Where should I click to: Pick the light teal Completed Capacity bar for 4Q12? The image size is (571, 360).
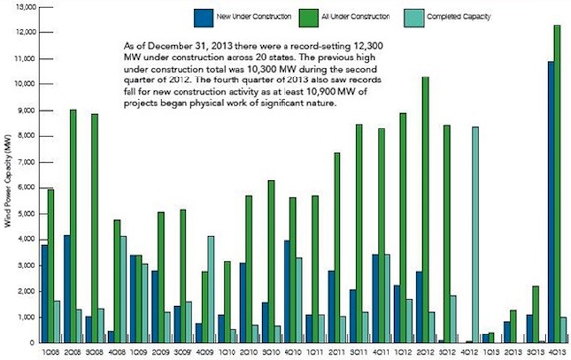click(475, 234)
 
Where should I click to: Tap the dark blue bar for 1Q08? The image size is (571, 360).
click(44, 293)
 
